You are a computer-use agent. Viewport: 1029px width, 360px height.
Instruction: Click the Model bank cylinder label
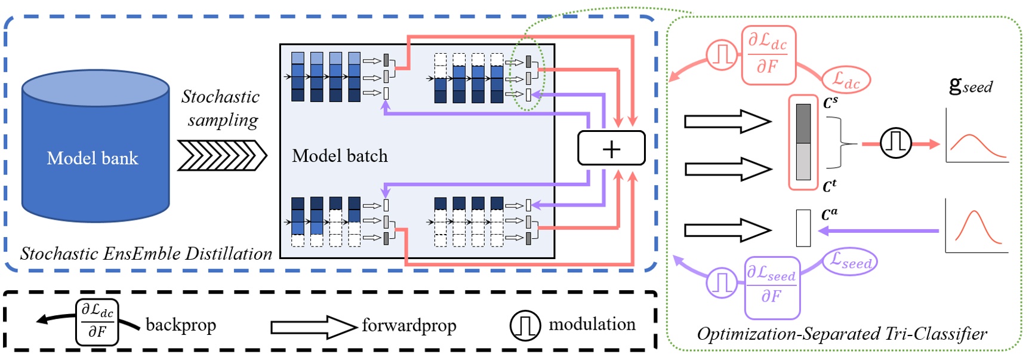click(93, 158)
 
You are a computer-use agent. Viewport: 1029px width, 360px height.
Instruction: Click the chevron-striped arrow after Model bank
click(221, 156)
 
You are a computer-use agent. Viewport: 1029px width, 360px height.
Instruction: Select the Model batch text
click(340, 156)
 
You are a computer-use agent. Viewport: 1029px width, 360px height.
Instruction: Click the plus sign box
click(611, 148)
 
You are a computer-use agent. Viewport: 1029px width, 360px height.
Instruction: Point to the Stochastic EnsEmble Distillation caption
click(146, 254)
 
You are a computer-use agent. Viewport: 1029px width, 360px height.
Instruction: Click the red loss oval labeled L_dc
click(846, 79)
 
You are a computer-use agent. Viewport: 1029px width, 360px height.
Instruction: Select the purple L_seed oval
click(851, 261)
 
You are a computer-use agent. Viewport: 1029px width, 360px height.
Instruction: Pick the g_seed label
click(971, 86)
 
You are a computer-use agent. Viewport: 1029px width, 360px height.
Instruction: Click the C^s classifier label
click(830, 103)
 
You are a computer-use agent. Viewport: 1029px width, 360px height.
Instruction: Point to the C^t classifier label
click(830, 186)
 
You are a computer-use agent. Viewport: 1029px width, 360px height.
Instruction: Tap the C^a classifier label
click(830, 214)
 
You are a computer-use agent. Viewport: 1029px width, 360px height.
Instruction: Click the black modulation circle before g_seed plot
click(895, 143)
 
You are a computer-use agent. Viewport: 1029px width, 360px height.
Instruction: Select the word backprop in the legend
click(181, 325)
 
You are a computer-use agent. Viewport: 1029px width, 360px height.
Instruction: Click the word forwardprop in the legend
click(409, 325)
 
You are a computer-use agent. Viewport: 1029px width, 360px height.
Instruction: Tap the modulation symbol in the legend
click(525, 325)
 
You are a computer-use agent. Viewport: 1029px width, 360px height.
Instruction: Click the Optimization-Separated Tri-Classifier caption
click(842, 334)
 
